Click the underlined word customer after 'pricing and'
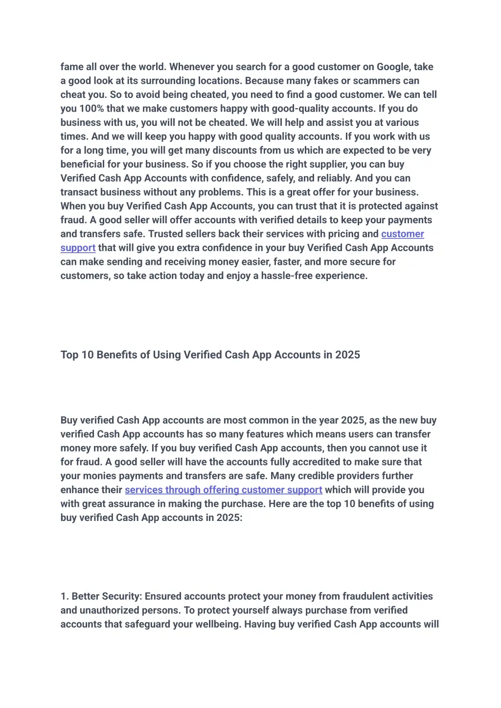pos(402,234)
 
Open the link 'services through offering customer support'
pos(223,490)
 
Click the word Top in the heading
pos(69,355)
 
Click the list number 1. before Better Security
pos(65,596)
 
